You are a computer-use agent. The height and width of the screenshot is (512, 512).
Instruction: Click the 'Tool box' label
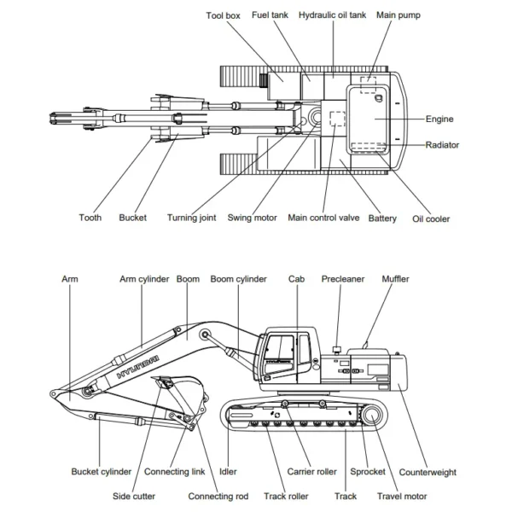coord(224,15)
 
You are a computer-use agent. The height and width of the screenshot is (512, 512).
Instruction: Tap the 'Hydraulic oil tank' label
coord(334,15)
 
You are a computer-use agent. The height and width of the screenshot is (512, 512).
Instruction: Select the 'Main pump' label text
coord(399,15)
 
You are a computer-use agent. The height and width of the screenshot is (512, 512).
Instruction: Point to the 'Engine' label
coord(439,119)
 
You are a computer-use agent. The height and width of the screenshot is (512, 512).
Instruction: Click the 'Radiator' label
coord(442,145)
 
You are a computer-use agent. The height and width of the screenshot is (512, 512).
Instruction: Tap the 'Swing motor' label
coord(252,218)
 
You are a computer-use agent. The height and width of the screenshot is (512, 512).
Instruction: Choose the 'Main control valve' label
coord(323,218)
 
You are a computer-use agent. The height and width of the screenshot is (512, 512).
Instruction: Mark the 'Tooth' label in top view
coord(90,218)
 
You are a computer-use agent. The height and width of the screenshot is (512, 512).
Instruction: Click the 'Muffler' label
coord(395,279)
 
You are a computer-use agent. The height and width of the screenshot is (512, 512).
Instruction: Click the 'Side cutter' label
coord(134,496)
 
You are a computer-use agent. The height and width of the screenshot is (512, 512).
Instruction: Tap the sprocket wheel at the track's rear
coord(372,416)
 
